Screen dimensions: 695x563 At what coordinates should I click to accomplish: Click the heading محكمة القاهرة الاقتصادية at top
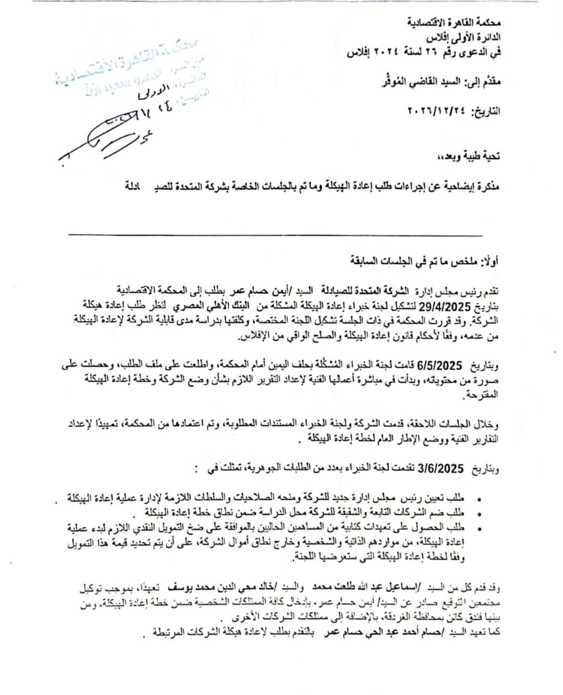point(454,23)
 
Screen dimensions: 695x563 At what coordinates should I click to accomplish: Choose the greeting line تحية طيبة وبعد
point(469,156)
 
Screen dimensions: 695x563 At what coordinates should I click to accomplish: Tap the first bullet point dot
point(479,499)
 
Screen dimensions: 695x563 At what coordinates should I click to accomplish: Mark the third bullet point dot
point(479,529)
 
